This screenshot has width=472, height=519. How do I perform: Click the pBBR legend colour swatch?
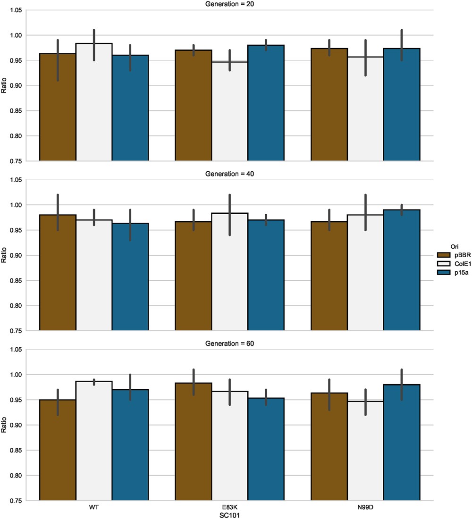pyautogui.click(x=444, y=254)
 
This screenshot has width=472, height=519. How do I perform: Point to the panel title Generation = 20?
pyautogui.click(x=229, y=4)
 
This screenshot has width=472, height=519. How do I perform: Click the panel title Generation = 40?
pyautogui.click(x=229, y=174)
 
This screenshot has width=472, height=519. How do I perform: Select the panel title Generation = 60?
pyautogui.click(x=229, y=343)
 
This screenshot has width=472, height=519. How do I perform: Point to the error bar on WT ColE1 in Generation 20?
pyautogui.click(x=94, y=45)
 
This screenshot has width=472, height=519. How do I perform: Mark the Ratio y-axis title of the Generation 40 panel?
pyautogui.click(x=4, y=255)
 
